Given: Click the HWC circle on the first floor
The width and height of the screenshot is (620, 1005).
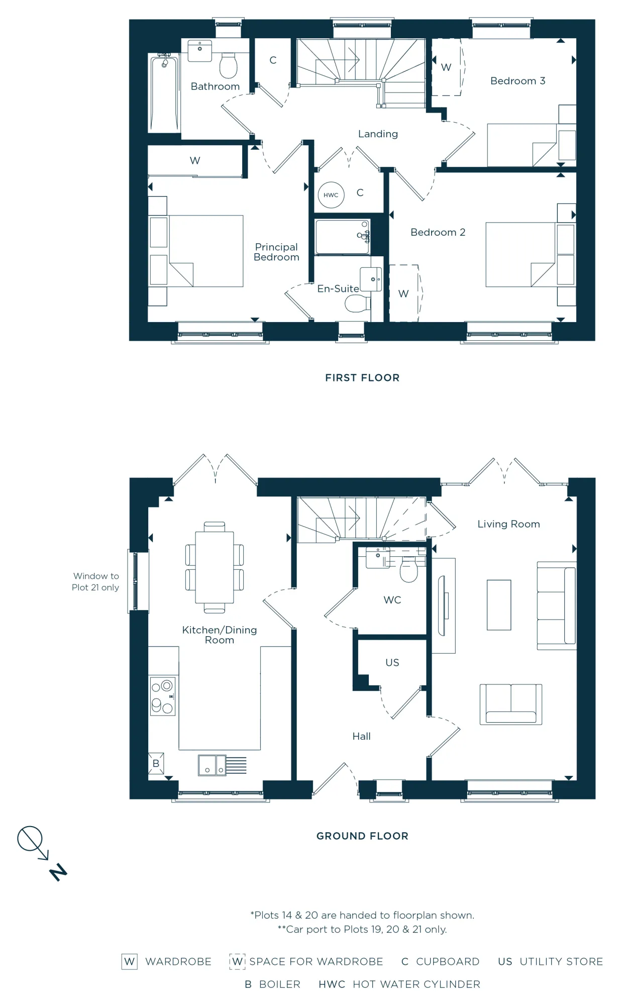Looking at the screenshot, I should tap(331, 195).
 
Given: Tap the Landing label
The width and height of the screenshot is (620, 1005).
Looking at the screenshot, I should tap(378, 134).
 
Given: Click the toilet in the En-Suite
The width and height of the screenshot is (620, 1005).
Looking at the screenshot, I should tap(357, 304).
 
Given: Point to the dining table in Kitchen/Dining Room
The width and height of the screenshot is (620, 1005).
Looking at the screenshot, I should tap(215, 567).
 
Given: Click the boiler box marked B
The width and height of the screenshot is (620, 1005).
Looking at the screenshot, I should tap(156, 763).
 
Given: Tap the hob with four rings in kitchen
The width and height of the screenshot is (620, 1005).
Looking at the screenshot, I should tap(162, 696).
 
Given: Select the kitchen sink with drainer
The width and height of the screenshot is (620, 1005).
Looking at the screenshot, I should tap(222, 765).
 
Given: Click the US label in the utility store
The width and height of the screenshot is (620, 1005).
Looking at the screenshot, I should tap(392, 662).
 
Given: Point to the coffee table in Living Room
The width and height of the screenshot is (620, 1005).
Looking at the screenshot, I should tap(499, 605).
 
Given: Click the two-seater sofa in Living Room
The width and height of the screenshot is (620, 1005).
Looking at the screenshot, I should tap(510, 704).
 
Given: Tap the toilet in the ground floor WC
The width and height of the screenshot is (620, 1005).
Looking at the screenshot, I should tap(408, 571).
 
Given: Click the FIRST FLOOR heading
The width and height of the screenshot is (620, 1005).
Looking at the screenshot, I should tap(362, 378).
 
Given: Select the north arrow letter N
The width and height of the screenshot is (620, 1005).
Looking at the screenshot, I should tap(58, 872).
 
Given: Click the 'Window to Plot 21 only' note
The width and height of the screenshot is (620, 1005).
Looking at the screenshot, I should tap(95, 581).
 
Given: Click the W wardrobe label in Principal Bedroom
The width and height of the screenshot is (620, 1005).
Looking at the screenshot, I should tap(195, 160).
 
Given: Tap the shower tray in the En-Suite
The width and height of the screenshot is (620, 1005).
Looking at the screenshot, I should tap(342, 237).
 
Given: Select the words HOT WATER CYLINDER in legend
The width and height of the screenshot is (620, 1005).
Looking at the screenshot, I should tap(416, 984).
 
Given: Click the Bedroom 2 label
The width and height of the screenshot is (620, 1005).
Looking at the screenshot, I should tap(438, 232).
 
